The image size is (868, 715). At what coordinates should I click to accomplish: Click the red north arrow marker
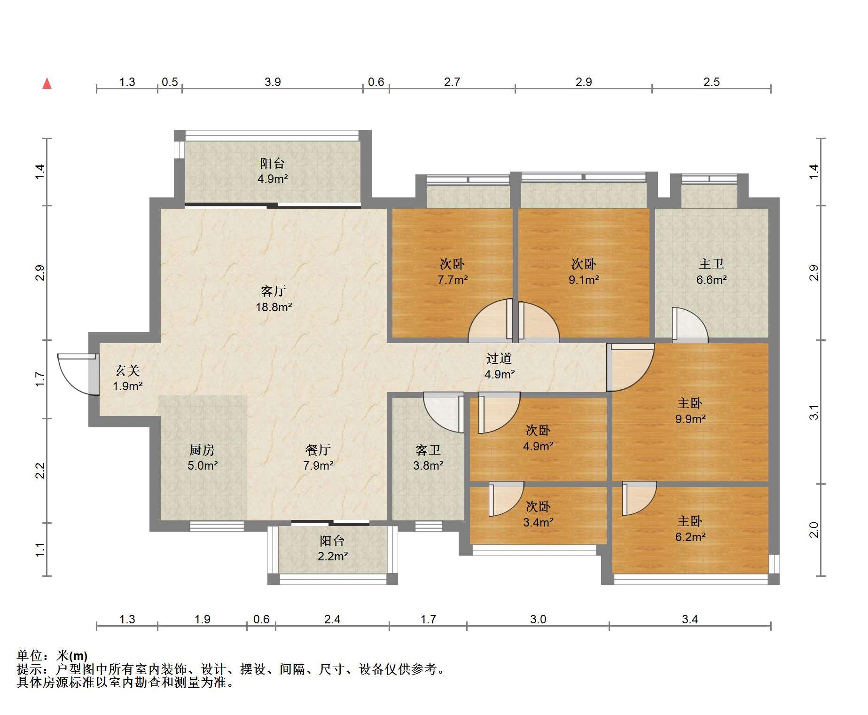[x=47, y=84]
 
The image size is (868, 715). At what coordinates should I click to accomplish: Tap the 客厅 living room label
[x=273, y=291]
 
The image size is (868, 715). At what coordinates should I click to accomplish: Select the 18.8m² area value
[x=274, y=307]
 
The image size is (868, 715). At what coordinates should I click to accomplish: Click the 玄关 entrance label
[x=127, y=370]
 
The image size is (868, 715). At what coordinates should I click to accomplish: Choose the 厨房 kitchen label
[x=202, y=450]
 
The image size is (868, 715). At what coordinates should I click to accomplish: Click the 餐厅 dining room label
[x=318, y=450]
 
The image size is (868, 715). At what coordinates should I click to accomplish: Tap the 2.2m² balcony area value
[x=333, y=556]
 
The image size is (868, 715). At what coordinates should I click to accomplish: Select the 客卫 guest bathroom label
[x=428, y=450]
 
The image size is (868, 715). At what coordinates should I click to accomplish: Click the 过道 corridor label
[x=499, y=358]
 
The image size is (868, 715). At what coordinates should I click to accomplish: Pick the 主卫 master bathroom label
[x=712, y=264]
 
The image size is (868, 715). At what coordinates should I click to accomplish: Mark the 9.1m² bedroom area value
[x=584, y=280]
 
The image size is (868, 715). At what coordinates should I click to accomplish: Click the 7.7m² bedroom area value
[x=453, y=280]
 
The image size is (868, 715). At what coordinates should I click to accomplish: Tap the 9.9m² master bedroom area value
[x=690, y=418]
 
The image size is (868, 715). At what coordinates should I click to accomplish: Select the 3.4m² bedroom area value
[x=538, y=522]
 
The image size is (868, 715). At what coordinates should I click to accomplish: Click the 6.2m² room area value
[x=690, y=536]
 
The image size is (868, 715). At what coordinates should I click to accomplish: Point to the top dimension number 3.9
[x=273, y=82]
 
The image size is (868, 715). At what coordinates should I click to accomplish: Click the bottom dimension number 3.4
[x=690, y=619]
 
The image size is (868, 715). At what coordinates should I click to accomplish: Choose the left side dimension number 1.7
[x=40, y=379]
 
